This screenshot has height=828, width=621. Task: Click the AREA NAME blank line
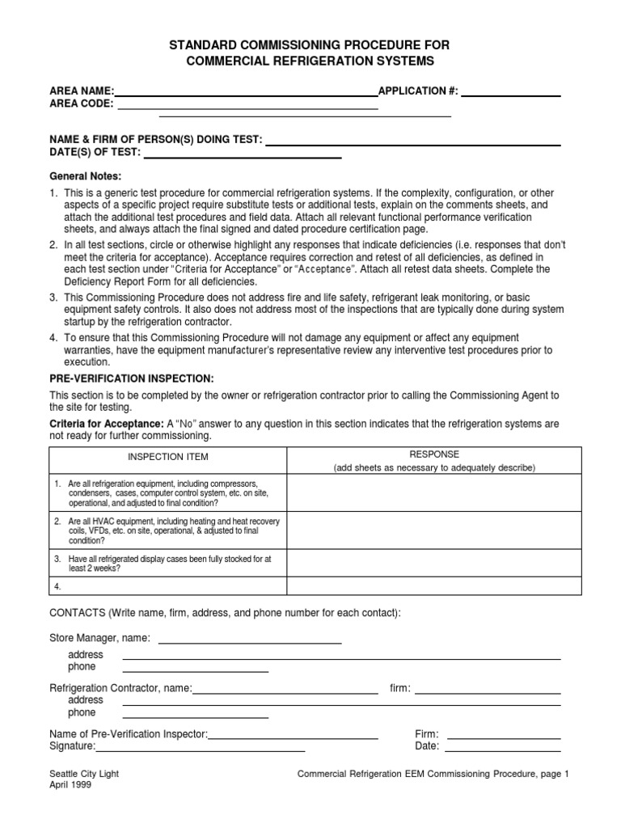[246, 95]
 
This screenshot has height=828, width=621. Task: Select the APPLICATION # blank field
[510, 95]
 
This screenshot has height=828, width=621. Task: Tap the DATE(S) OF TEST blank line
[243, 156]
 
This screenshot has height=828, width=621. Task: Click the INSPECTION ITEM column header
[169, 457]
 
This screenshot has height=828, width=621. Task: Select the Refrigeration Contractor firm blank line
[488, 692]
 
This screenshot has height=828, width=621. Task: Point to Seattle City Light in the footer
[84, 774]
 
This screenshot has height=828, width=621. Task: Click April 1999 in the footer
[70, 785]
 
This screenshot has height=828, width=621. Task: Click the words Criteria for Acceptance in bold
[106, 424]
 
